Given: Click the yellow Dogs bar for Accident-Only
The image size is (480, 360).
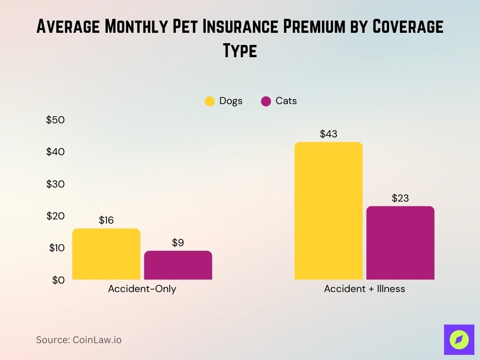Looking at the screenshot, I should point(106,254).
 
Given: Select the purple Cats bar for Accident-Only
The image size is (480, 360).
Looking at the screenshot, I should point(178,265).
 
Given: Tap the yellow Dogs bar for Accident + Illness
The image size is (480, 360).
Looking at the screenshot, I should point(328,211).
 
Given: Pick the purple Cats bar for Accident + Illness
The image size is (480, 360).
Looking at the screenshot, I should point(400,243).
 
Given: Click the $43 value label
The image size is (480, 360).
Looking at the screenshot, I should point(329,134).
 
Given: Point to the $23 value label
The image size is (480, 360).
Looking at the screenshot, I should point(400,198).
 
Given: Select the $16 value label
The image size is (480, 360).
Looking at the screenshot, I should point(106,220).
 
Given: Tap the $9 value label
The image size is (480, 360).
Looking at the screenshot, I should point(178,243).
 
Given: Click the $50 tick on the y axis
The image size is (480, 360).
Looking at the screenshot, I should point(55,120).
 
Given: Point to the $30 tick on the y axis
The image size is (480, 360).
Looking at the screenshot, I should point(55,184).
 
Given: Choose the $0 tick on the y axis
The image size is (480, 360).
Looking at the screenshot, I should point(58,280).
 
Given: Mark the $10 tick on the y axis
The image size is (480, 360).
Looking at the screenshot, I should point(57,248).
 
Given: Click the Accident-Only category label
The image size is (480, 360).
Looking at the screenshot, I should point(142,289).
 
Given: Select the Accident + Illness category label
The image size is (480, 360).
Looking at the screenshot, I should point(364,289).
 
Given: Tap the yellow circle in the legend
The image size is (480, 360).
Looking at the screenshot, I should point(210,101).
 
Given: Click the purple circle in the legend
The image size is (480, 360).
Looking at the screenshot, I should point(266,101).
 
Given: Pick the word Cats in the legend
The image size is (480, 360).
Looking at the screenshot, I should point(286,101).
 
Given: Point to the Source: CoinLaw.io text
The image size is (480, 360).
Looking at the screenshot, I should point(79,340).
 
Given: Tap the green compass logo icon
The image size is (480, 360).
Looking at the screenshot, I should point(459,339).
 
